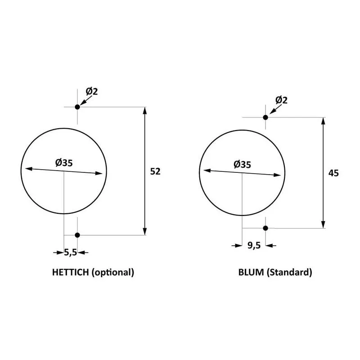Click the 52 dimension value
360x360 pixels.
tap(155, 171)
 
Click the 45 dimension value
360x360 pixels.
tap(333, 173)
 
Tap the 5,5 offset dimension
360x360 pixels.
tap(70, 252)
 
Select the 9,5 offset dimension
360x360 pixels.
tap(254, 245)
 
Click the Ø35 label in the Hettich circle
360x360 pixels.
tap(64, 163)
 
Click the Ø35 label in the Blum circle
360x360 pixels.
tap(242, 164)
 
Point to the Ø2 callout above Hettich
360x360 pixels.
tap(92, 91)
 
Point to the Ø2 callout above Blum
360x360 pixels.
tap(281, 100)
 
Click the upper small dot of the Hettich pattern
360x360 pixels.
tap(77, 107)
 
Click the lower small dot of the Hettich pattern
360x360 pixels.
tap(77, 235)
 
